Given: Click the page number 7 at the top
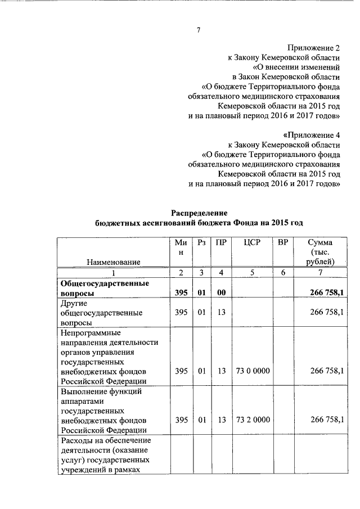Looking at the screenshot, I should [x=198, y=30].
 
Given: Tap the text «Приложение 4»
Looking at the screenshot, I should [x=312, y=135].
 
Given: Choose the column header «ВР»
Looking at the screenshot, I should [x=283, y=242].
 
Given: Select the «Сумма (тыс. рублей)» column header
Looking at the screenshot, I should [x=320, y=252].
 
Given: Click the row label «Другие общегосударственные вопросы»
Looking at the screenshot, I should [x=101, y=313].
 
